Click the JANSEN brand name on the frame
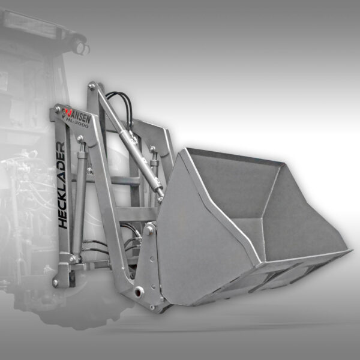pyautogui.click(x=79, y=116)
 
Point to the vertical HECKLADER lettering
pyautogui.click(x=62, y=185)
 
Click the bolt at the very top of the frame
pyautogui.click(x=92, y=86)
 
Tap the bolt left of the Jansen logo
pyautogui.click(x=57, y=110)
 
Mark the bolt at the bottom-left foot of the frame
pyautogui.click(x=55, y=283)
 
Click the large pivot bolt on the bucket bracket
pyautogui.click(x=149, y=230)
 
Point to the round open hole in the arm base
pyautogui.click(x=139, y=292)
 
